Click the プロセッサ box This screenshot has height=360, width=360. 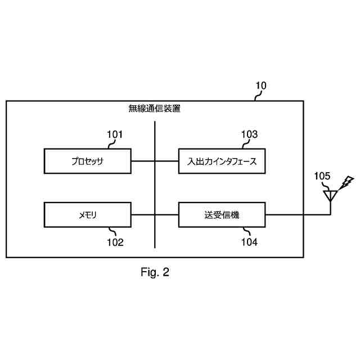[87, 161]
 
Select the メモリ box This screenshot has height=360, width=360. [87, 215]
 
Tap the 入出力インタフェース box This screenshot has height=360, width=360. [222, 161]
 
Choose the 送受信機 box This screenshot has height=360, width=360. [222, 215]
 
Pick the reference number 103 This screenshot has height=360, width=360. [249, 134]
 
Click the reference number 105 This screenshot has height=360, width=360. [322, 176]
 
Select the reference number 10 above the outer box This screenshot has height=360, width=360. [261, 86]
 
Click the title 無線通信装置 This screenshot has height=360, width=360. [155, 109]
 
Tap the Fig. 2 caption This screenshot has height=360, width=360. [155, 273]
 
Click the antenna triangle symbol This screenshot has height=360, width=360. [330, 195]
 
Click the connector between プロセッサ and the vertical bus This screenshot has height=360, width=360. [143, 161]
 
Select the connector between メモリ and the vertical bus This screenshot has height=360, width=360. [143, 215]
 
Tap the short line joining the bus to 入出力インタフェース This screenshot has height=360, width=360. [167, 161]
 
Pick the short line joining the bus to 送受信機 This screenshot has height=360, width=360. [167, 215]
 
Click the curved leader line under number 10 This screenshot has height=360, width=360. [258, 96]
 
